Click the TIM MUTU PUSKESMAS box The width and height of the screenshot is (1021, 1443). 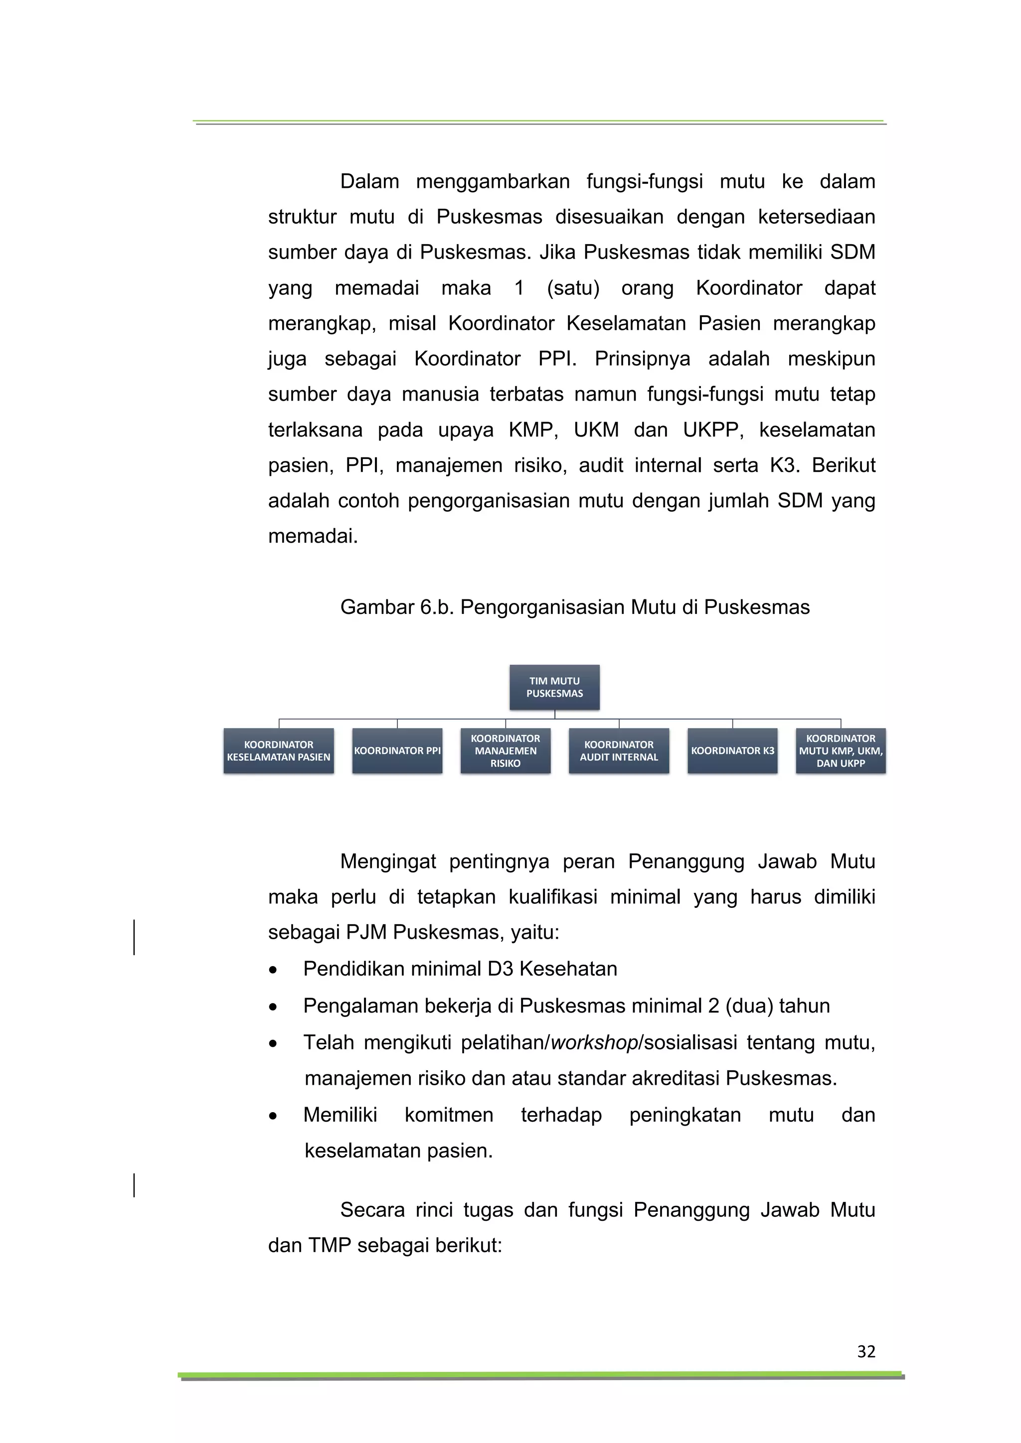point(554,687)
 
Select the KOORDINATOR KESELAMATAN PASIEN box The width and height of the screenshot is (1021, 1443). point(279,750)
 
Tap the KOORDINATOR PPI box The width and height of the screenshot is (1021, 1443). point(397,750)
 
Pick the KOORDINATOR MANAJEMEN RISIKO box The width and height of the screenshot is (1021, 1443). point(505,750)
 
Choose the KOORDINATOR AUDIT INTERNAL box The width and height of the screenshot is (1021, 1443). point(619,750)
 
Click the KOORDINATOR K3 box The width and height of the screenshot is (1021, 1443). point(732,750)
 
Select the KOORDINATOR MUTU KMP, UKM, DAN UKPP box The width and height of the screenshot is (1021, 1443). point(840,750)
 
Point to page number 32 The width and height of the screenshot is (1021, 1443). point(866,1351)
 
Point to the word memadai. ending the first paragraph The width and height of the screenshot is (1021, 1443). point(313,536)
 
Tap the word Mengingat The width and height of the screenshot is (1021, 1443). point(387,861)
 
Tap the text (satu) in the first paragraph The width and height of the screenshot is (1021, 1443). point(573,288)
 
